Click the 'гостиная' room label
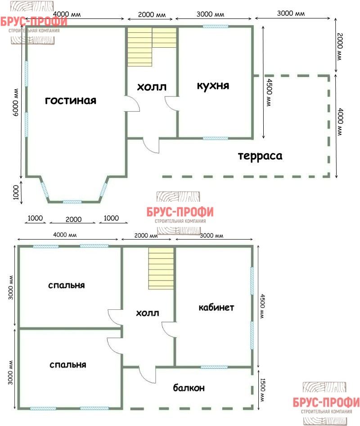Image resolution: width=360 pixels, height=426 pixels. coord(71,101)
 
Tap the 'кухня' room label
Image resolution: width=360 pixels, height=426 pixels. coord(213,86)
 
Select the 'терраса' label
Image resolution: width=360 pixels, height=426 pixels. coord(260,156)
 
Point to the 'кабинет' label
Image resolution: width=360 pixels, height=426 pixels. coord(216,308)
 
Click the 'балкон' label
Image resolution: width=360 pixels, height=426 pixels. coord(189,388)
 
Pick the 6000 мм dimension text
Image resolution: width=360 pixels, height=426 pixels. coord(16,102)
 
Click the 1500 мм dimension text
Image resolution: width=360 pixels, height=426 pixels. coord(263,390)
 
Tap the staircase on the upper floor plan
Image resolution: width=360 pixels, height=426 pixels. coord(152,47)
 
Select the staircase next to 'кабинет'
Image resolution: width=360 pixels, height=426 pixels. coord(161,268)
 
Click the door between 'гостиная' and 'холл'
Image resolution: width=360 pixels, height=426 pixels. coord(133,103)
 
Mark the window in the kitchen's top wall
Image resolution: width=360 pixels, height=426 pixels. coord(216,27)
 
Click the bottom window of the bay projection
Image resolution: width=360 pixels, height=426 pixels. coord(72,202)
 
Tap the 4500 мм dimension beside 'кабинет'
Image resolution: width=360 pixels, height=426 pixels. coord(262,306)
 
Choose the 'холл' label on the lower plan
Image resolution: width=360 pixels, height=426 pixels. coord(148,313)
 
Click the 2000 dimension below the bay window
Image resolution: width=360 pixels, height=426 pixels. coord(73,219)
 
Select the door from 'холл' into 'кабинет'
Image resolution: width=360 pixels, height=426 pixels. coord(169,330)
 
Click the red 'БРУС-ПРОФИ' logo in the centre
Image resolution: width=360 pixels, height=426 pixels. coord(180,212)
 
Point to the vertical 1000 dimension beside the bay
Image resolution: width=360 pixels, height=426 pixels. coord(16,192)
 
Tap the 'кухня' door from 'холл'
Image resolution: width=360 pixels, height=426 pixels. coord(172,103)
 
